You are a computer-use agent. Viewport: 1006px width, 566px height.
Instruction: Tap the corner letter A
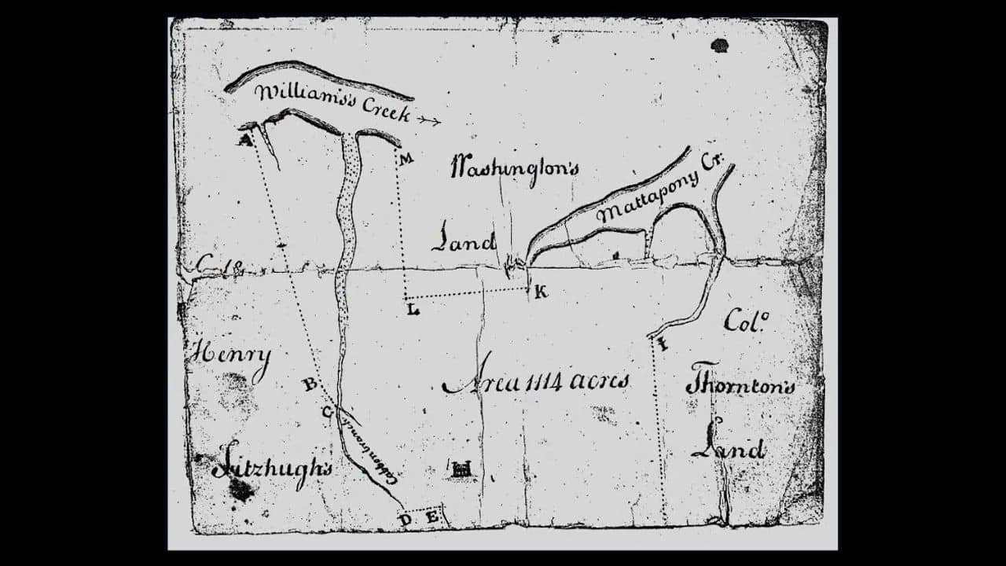point(244,140)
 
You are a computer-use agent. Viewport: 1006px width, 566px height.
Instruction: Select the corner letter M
point(406,160)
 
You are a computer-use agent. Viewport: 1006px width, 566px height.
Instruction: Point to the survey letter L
point(413,310)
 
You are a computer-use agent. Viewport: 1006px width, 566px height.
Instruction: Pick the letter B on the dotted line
point(310,384)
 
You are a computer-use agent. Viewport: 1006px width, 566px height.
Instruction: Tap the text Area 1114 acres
point(536,383)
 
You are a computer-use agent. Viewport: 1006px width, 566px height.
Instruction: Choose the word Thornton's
point(740,382)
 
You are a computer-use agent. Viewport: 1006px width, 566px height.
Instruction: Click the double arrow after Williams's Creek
point(428,120)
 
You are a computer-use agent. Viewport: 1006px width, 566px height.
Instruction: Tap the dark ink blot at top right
point(718,45)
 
